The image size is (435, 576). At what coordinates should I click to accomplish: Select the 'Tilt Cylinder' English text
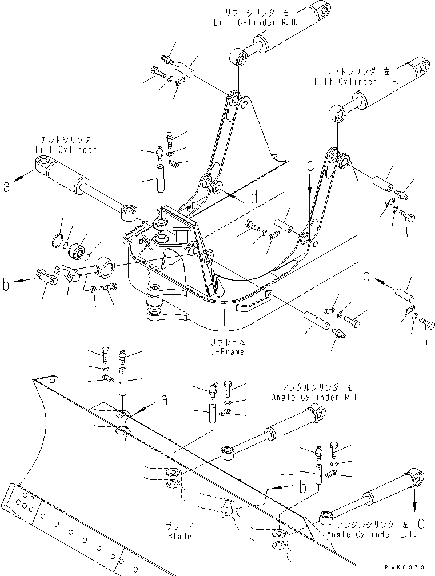pos(65,150)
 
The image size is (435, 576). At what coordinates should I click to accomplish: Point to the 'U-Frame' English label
pos(227,351)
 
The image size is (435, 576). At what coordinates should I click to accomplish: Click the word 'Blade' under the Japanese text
pos(179,537)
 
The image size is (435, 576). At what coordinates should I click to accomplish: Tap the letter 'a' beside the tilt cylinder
pos(7,187)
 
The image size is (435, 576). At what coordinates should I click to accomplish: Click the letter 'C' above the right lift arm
pos(310,168)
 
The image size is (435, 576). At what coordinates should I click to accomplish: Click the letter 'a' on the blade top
pos(164,401)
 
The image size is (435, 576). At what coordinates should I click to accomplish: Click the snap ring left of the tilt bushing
pos(58,239)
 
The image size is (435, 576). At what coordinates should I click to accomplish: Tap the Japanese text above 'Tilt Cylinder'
pos(66,139)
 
